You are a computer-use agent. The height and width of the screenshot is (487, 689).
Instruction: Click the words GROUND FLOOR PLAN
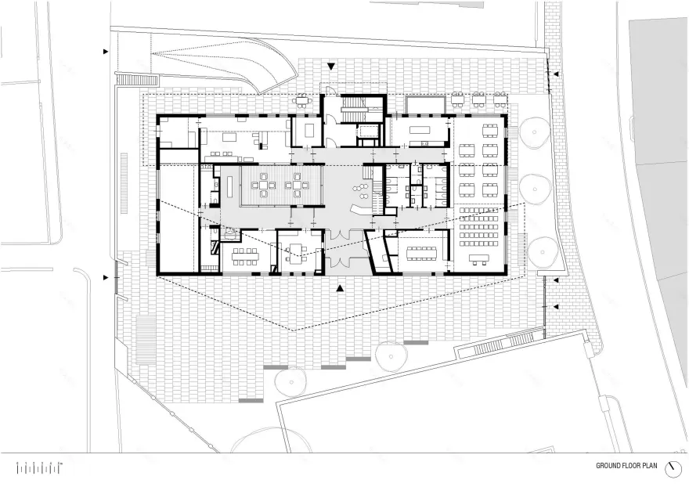tap(626, 465)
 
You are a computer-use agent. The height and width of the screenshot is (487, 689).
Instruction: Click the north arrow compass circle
tap(672, 467)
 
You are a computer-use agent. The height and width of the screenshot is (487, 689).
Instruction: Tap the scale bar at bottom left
tap(39, 467)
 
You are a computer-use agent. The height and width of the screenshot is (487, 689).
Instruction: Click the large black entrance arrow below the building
tap(340, 289)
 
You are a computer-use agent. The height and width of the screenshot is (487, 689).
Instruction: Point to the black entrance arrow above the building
tap(331, 68)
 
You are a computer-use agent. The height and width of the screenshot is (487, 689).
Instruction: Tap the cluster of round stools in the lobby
tap(362, 187)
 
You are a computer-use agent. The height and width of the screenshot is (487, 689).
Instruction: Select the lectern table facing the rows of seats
tap(478, 259)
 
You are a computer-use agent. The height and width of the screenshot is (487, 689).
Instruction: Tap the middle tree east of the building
tap(536, 188)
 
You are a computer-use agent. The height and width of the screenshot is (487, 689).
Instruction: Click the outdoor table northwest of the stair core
tap(303, 100)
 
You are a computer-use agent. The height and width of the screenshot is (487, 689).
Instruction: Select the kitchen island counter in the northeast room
tap(421, 128)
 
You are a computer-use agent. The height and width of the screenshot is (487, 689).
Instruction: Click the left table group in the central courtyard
tap(261, 186)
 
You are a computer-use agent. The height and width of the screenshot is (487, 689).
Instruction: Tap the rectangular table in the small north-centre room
tap(307, 129)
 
